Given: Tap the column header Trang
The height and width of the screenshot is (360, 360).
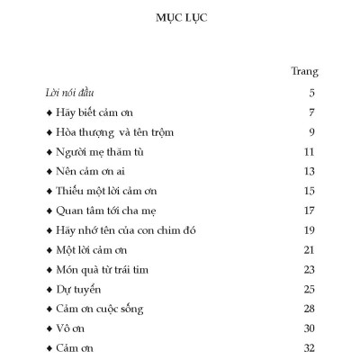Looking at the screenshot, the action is click(304, 71).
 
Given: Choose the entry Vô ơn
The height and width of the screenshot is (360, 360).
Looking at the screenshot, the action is click(72, 328).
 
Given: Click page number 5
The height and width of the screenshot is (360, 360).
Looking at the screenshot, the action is click(310, 94).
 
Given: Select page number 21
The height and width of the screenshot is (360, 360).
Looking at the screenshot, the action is click(308, 249).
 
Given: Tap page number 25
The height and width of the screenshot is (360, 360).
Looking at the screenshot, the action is click(308, 289).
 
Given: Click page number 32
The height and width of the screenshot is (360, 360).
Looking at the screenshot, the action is click(308, 347).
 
